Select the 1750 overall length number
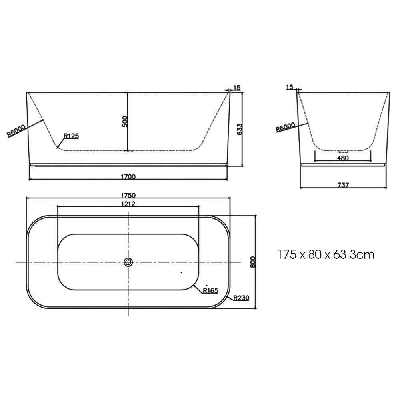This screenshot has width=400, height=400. tap(128, 195)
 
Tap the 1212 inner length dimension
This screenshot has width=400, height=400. tap(128, 204)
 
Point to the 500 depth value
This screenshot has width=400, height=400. tap(124, 122)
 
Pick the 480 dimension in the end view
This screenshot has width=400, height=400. tap(343, 158)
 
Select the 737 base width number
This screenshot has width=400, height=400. tap(343, 185)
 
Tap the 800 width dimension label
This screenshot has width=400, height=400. tap(252, 262)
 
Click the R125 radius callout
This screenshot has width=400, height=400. tap(71, 136)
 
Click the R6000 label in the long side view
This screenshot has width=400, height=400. tap(17, 131)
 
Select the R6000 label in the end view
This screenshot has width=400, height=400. tap(286, 128)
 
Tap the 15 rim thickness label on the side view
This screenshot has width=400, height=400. tap(237, 88)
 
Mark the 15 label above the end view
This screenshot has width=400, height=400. tap(290, 87)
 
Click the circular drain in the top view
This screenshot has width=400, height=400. tap(128, 262)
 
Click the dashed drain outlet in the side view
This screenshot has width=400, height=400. tap(128, 151)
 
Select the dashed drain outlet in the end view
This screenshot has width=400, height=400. tap(343, 151)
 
